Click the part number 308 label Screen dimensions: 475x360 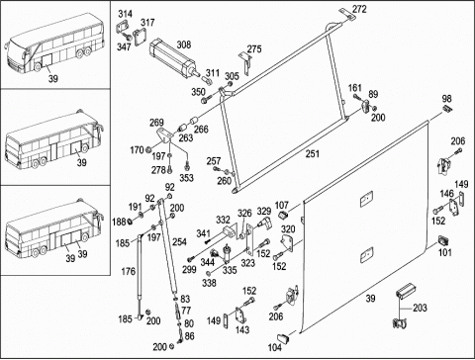[x=184, y=45]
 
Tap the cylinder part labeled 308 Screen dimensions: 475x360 [x=174, y=58]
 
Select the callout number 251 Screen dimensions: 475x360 [x=313, y=153]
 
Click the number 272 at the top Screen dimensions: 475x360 [x=359, y=9]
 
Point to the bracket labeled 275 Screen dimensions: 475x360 [x=246, y=63]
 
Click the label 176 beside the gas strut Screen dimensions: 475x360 [x=128, y=271]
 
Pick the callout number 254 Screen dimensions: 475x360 [x=179, y=241]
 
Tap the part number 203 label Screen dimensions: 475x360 [x=420, y=308]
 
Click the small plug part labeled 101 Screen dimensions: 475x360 [x=443, y=240]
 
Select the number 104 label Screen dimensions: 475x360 [x=274, y=347]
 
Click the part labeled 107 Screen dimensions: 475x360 [x=283, y=216]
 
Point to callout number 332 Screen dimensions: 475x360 [x=223, y=220]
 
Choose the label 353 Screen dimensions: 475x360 [x=186, y=178]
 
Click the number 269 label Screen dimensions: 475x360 [x=156, y=123]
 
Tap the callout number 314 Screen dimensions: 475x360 [x=126, y=14]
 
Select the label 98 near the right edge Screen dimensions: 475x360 [x=447, y=98]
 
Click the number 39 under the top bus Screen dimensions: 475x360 [x=53, y=78]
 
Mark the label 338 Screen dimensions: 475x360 [x=209, y=283]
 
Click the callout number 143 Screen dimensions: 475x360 [x=242, y=329]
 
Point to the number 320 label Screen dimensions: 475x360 [x=288, y=228]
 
